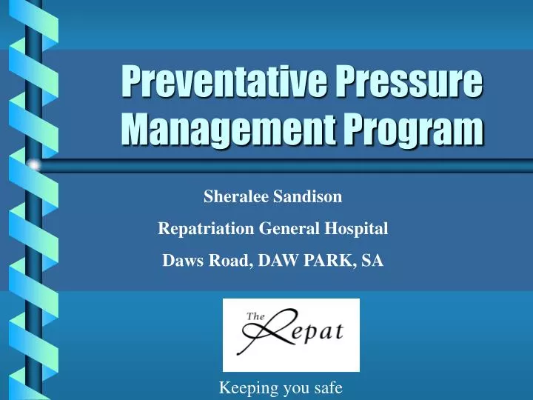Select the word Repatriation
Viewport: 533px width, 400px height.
click(x=206, y=229)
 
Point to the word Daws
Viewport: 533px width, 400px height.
click(x=180, y=260)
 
